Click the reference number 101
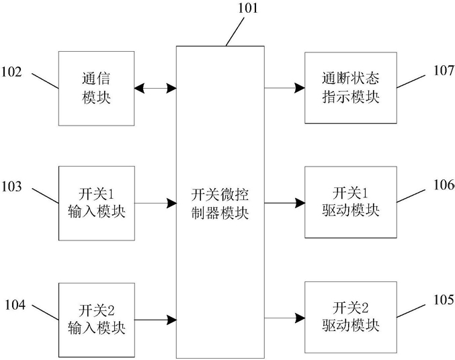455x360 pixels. pyautogui.click(x=248, y=8)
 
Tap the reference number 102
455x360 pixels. pyautogui.click(x=11, y=72)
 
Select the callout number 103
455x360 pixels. pyautogui.click(x=11, y=187)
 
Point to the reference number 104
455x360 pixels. pyautogui.click(x=15, y=305)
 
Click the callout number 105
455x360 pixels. pyautogui.click(x=444, y=300)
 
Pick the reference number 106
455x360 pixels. pyautogui.click(x=444, y=185)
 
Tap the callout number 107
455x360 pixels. pyautogui.click(x=444, y=71)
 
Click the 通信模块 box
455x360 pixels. pyautogui.click(x=96, y=89)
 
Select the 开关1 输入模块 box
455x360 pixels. pyautogui.click(x=97, y=204)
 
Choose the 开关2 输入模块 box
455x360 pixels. pyautogui.click(x=97, y=320)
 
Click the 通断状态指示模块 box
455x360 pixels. pyautogui.click(x=351, y=88)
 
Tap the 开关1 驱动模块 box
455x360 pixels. pyautogui.click(x=351, y=202)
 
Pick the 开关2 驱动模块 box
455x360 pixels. pyautogui.click(x=351, y=318)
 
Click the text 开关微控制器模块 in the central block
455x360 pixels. pyautogui.click(x=220, y=204)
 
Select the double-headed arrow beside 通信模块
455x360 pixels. pyautogui.click(x=155, y=87)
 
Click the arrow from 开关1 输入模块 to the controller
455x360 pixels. pyautogui.click(x=156, y=203)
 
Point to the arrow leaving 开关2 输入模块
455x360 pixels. pyautogui.click(x=156, y=320)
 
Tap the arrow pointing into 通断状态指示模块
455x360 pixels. pyautogui.click(x=284, y=87)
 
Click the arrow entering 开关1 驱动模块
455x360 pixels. pyautogui.click(x=284, y=203)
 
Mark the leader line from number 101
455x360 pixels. pyautogui.click(x=235, y=32)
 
